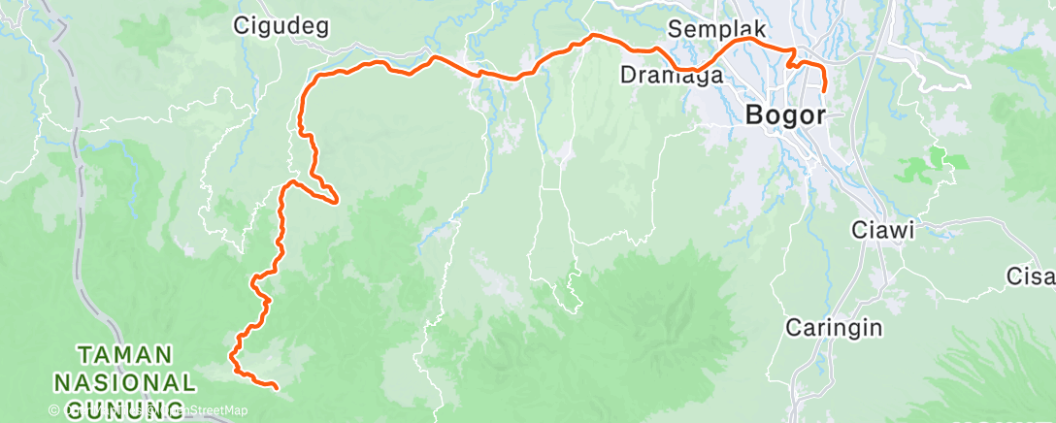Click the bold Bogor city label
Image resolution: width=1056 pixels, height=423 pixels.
point(785,114)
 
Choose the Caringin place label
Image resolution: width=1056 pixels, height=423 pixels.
point(834,327)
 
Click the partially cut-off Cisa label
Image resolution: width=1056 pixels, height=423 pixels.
point(1030,277)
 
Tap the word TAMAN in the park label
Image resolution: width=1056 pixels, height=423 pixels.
point(126,354)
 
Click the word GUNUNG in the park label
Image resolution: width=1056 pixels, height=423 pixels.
point(126,405)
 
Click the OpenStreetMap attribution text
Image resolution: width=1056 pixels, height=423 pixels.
point(194,411)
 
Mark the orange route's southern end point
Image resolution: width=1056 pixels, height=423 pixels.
point(277,388)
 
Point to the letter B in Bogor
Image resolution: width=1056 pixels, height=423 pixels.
point(754,114)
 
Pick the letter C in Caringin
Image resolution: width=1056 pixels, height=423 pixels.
point(792,327)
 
